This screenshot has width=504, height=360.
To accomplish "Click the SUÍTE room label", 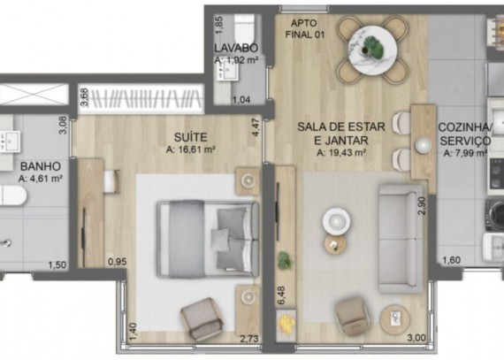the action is pyautogui.click(x=191, y=137).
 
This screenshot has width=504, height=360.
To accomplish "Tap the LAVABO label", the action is pyautogui.click(x=236, y=48).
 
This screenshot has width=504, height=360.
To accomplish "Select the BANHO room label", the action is pyautogui.click(x=41, y=166).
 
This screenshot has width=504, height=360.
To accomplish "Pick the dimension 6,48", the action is pyautogui.click(x=280, y=295).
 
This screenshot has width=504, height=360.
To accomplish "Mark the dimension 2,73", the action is pyautogui.click(x=249, y=339).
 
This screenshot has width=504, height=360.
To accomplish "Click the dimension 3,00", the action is pyautogui.click(x=416, y=338).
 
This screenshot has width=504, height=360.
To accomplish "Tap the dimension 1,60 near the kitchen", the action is pyautogui.click(x=452, y=260).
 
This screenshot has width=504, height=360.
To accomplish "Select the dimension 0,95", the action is pyautogui.click(x=118, y=262).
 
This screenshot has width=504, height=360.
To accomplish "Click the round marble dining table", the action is pyautogui.click(x=373, y=50).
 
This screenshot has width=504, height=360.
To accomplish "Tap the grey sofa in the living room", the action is pyautogui.click(x=401, y=239).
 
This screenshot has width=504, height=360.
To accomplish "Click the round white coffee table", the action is pyautogui.click(x=337, y=221).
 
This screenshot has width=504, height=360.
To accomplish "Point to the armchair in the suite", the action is pyautogui.click(x=202, y=318).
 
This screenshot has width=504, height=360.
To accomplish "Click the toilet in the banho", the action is pyautogui.click(x=13, y=195).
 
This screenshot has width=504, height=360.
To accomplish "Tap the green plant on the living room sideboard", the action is pyautogui.click(x=284, y=260).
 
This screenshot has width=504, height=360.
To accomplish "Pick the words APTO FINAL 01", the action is pyautogui.click(x=305, y=29).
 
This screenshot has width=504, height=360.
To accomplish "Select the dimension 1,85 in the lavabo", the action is pyautogui.click(x=219, y=25).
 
